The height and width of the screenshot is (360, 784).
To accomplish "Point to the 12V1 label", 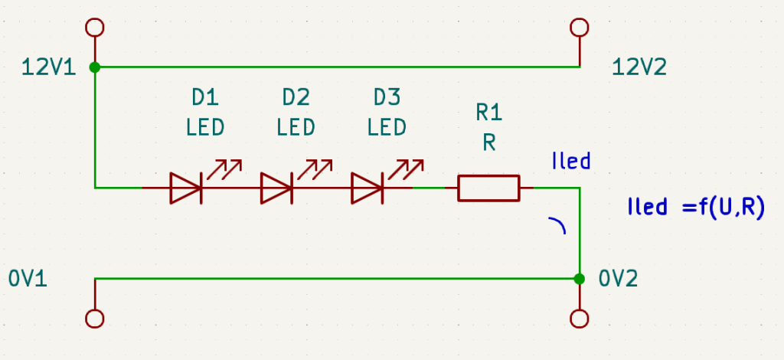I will coord(48,67).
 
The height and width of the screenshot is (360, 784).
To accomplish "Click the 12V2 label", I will coord(639,67).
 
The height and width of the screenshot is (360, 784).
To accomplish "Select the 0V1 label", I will coord(28,278).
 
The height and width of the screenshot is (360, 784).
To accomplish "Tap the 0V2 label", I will coord(619,278).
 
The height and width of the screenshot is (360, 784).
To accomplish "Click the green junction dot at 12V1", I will coord(95,67).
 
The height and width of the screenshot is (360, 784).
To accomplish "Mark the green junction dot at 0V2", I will coord(580,278).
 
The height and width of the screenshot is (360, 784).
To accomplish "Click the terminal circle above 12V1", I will coord(95,28).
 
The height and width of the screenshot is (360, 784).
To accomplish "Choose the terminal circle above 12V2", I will coord(580,28).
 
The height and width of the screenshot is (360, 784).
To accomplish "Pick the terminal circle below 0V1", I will coord(95,318).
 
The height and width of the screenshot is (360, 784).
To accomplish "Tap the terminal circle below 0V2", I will coord(580,318).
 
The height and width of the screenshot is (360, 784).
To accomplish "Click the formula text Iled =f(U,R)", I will coord(695,208).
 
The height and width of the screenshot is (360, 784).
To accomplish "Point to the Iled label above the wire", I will coord(570,161).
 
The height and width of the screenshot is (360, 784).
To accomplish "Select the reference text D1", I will coord(205,97).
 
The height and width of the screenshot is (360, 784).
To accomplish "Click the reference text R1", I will coord(489,113).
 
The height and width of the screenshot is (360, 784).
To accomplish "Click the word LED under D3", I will coord(387,126).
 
